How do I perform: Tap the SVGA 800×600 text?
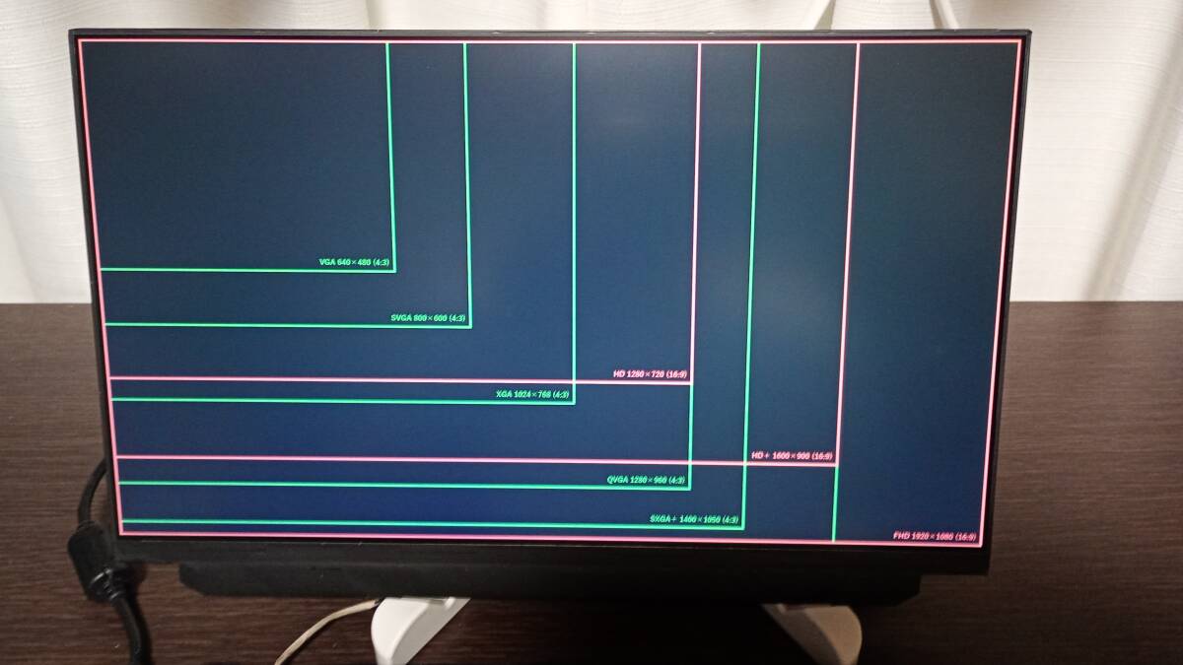(428, 318)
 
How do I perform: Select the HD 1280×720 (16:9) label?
(650, 374)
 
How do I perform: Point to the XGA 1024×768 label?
(532, 394)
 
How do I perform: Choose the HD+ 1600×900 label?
(792, 456)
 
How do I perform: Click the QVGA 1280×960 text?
(647, 480)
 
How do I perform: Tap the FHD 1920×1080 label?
(935, 537)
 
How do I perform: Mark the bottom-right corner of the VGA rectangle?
(394, 269)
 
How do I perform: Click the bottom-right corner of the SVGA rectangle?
(469, 324)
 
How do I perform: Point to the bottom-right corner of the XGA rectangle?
(574, 401)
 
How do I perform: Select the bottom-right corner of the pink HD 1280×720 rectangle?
(691, 380)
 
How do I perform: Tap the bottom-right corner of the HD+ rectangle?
(837, 463)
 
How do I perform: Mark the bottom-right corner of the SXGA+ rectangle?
(742, 526)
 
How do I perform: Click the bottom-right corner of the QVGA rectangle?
(689, 487)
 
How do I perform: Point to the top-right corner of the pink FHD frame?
(1018, 41)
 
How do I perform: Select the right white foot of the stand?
(818, 631)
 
